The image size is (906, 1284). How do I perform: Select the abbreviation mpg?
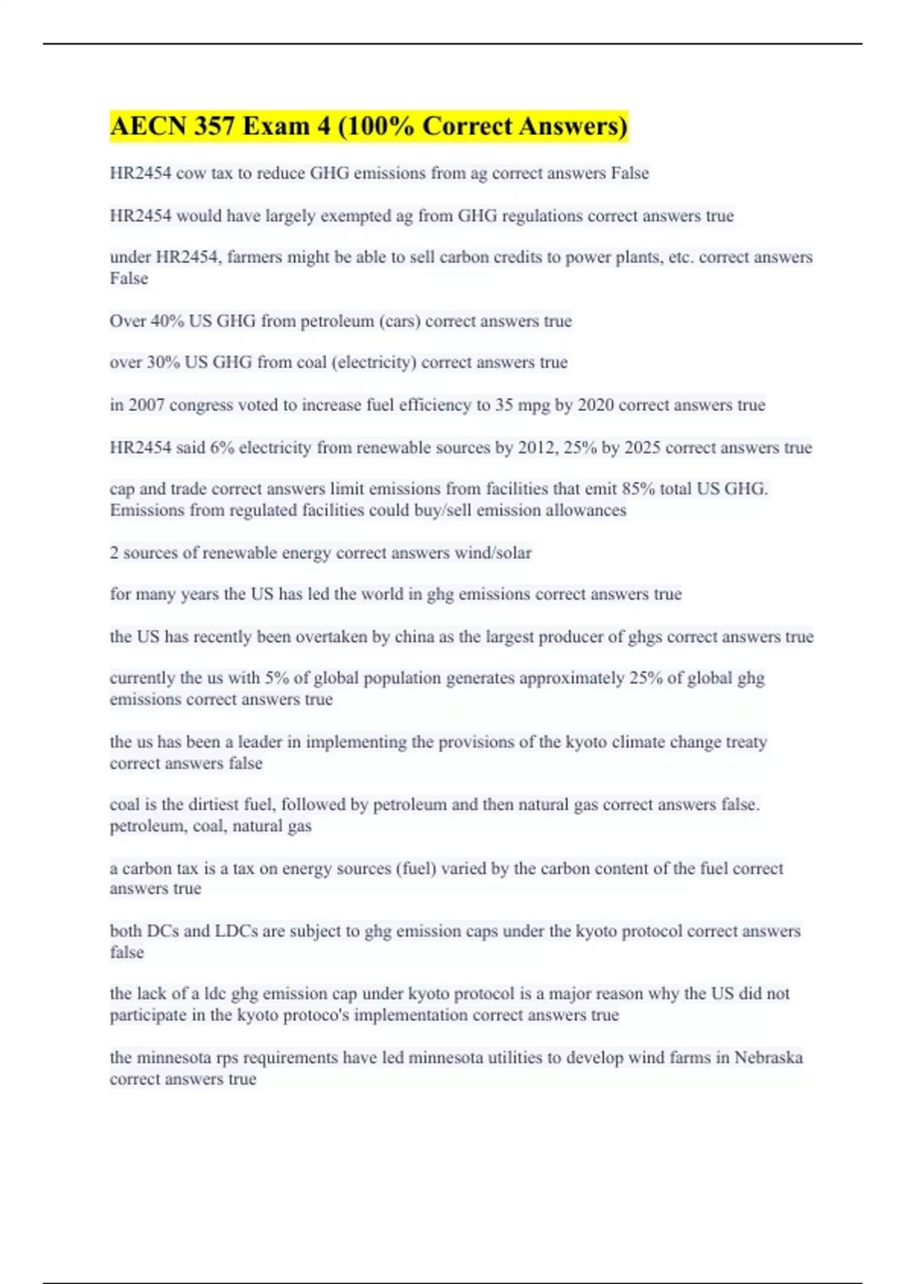(534, 405)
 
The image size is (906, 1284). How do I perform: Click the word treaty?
(746, 742)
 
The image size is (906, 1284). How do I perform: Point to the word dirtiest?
(211, 804)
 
